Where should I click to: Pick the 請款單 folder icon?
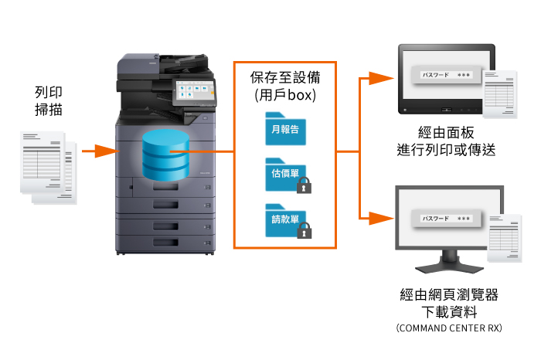283,219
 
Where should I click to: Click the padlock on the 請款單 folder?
305,230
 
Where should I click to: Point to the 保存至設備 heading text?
284,77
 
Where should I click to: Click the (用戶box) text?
284,95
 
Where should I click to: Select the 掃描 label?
48,110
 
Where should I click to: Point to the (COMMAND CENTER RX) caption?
448,328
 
